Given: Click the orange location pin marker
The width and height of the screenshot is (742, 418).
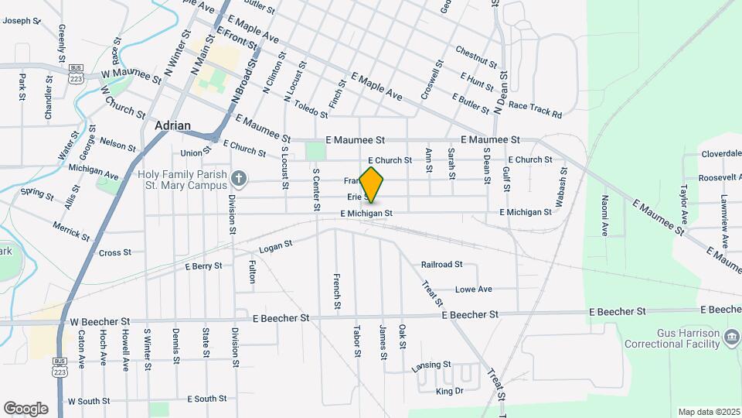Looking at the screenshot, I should (372, 185).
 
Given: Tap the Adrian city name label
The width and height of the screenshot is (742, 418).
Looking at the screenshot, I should (172, 125).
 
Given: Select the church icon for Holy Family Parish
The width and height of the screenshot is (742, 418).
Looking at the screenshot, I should (240, 180).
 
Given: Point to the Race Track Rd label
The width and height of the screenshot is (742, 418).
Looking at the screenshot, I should (535, 109).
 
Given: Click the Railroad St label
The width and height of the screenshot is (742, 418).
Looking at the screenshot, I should (441, 265).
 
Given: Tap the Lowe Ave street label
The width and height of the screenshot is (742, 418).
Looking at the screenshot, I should (473, 290).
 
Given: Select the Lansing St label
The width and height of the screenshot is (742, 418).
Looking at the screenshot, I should (431, 365).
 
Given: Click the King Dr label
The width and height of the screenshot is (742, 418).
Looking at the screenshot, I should (448, 392).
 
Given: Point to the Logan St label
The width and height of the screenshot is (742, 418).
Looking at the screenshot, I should (276, 247).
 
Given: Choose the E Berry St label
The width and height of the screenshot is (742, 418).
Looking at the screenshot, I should (204, 266).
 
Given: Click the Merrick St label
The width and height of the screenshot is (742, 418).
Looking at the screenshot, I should (71, 230).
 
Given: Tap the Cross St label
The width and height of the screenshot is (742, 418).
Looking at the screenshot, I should (115, 252).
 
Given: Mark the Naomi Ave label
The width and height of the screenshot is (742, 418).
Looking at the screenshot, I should (605, 215).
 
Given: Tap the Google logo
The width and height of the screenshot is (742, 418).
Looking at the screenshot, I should (26, 409).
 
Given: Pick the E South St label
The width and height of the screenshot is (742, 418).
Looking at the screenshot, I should (207, 399).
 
